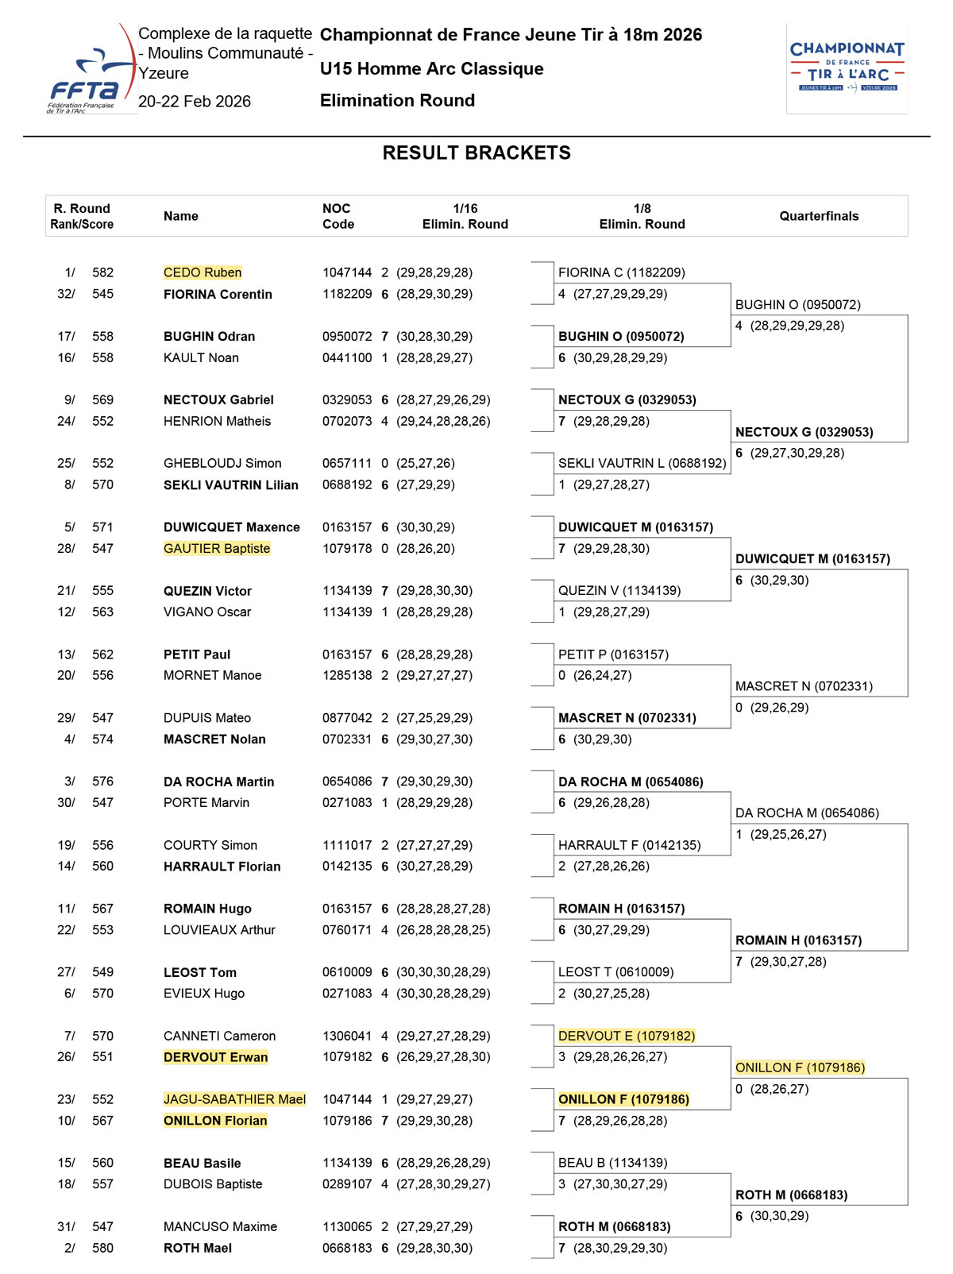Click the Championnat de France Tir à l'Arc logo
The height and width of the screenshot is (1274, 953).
pos(847,68)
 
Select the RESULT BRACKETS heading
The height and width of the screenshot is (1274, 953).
pos(476,153)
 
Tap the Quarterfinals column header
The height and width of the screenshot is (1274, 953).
pos(819,216)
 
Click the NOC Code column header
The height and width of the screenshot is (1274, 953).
pos(338,216)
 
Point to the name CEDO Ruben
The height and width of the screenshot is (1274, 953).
pos(203,272)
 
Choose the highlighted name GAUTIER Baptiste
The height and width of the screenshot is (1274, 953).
pos(217,548)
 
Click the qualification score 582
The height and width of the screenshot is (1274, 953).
pos(102,272)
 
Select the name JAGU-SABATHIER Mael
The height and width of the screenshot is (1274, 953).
pos(234,1099)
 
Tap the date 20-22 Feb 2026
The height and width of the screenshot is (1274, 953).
pos(195,102)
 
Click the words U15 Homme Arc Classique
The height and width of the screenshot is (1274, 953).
pos(431,69)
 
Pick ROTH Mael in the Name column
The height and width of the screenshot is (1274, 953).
pos(198,1248)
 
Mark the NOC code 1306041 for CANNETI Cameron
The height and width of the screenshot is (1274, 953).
pos(346,1036)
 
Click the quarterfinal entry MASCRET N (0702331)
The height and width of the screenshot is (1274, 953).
pos(804,686)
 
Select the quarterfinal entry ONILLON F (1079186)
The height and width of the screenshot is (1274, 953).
pos(800,1067)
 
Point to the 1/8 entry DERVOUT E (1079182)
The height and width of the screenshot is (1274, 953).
pos(627,1036)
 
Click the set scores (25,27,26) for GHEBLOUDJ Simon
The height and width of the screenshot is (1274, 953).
pos(426,463)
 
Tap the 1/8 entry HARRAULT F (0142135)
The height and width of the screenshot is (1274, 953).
pos(629,845)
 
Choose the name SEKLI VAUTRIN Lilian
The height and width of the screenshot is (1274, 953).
pos(231,485)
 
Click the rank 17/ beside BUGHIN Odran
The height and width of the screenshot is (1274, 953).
pos(66,336)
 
